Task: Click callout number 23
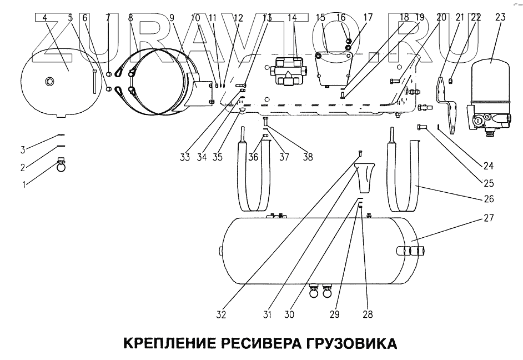tap(500, 18)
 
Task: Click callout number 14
tap(292, 18)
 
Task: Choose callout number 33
tap(184, 157)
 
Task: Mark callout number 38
tap(307, 157)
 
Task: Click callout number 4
tap(44, 18)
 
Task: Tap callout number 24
tap(488, 165)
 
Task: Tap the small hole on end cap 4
tap(50, 82)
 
